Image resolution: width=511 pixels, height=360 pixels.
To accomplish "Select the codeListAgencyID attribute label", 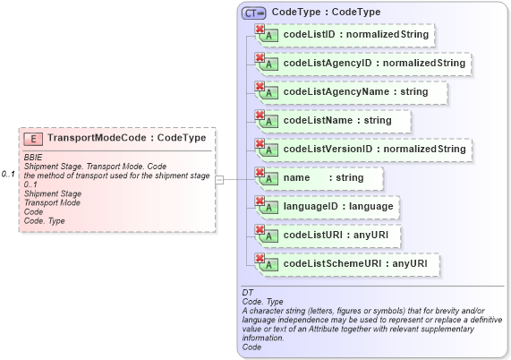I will click(x=374, y=64).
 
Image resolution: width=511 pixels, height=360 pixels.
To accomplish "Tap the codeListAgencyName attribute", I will click(x=355, y=91).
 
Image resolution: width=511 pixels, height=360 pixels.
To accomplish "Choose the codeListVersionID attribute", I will click(x=374, y=149).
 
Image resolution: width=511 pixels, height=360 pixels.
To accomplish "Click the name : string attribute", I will click(x=323, y=178).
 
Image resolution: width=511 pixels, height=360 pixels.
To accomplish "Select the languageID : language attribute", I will click(x=337, y=207).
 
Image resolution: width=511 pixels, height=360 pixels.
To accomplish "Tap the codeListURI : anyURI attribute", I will click(x=341, y=236).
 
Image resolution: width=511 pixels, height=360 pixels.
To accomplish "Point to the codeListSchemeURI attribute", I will click(x=354, y=264).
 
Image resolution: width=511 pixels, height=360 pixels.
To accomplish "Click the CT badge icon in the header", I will click(x=254, y=13).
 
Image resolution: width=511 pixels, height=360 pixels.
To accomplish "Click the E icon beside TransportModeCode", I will click(x=33, y=139).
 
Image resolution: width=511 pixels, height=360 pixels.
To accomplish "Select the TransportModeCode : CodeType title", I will click(x=126, y=139).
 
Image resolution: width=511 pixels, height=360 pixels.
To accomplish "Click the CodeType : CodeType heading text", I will click(x=326, y=13).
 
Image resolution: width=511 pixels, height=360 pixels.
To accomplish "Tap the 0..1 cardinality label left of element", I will click(x=9, y=173).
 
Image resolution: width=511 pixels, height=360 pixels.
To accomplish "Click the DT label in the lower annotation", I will click(x=248, y=293).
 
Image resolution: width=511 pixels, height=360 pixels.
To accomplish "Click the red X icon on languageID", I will click(x=260, y=201).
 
